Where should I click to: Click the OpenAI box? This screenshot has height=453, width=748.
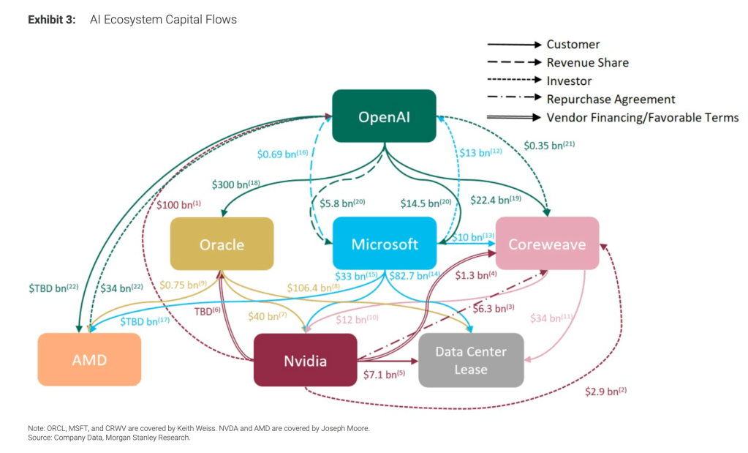coord(384,116)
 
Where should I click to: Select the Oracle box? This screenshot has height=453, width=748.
coord(222,244)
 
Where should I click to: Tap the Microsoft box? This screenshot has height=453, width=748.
coord(384,244)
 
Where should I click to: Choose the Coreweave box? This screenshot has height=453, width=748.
coord(546,244)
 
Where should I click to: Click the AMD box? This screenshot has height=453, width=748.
coord(89,359)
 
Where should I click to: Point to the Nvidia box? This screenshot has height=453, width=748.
coord(305,360)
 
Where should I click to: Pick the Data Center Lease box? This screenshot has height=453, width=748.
coord(470,360)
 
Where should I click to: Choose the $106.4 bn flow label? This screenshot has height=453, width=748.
coord(314,288)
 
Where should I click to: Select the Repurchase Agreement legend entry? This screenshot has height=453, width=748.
coord(611,99)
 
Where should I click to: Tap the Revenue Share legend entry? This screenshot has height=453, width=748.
coord(587,63)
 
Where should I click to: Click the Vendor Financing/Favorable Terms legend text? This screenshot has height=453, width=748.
coord(643,117)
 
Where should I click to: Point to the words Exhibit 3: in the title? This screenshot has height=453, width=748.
coord(51,20)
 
